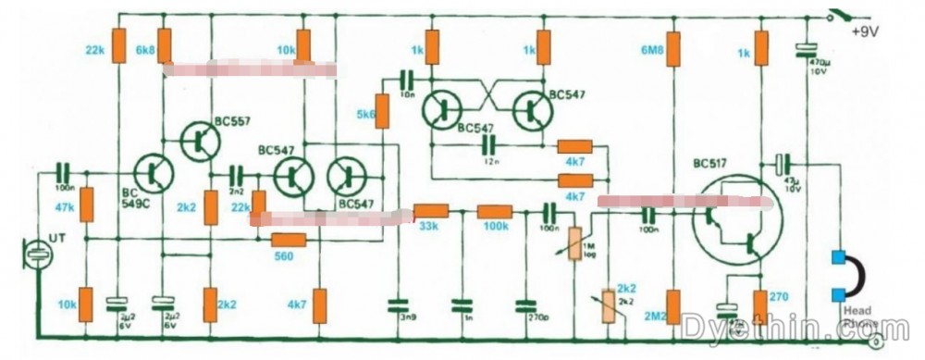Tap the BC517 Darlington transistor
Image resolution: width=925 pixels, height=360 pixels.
point(735,225)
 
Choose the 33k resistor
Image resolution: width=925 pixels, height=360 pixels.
point(430,211)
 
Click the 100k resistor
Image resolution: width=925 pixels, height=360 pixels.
point(496,211)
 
